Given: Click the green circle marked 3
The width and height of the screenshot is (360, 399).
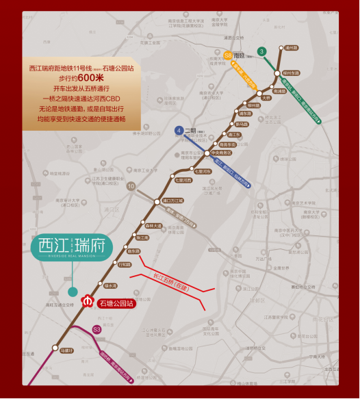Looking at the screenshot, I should (x=261, y=51).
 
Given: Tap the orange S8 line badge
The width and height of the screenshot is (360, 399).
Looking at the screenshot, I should (x=227, y=55).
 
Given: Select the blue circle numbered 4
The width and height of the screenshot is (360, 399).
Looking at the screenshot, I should (x=178, y=130).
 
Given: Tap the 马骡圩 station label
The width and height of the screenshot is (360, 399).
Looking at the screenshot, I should (x=66, y=350).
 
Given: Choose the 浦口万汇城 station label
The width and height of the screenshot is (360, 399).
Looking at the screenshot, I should (x=172, y=201).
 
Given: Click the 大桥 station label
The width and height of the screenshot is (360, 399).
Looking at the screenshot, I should (x=266, y=97).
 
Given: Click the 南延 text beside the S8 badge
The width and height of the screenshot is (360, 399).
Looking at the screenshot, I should (x=240, y=55).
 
